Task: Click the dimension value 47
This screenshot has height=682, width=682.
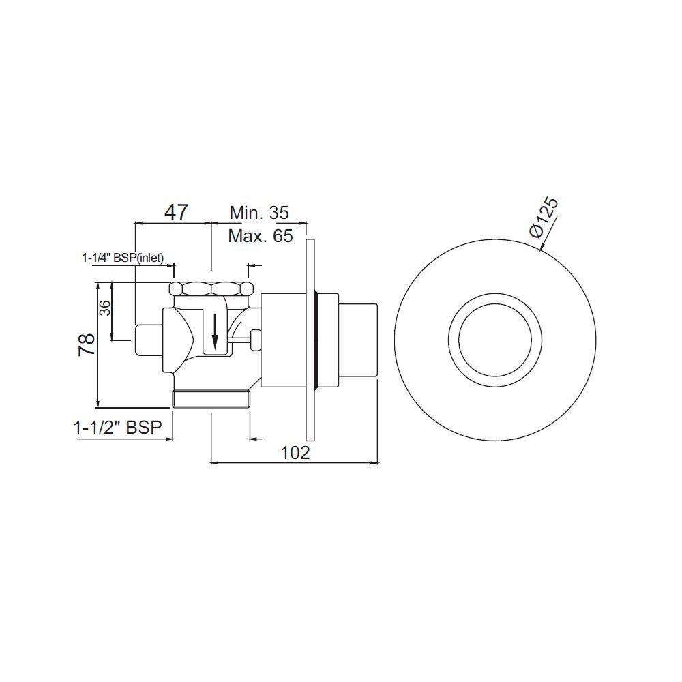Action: [x=176, y=211]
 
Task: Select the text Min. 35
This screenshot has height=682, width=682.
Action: [x=259, y=213]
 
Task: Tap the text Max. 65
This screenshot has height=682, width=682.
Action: [x=261, y=236]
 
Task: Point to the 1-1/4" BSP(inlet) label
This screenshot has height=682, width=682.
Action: [x=127, y=258]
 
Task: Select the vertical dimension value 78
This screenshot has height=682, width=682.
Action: [x=87, y=344]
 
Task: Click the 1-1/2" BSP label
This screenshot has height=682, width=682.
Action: [x=118, y=428]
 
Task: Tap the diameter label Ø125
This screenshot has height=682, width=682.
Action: [x=544, y=217]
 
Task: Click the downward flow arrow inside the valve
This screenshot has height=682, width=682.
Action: [x=216, y=331]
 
